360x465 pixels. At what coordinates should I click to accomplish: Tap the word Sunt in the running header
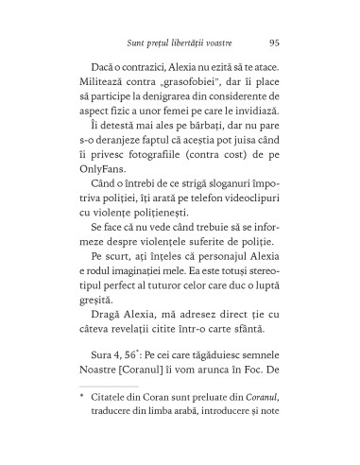coord(136,42)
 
